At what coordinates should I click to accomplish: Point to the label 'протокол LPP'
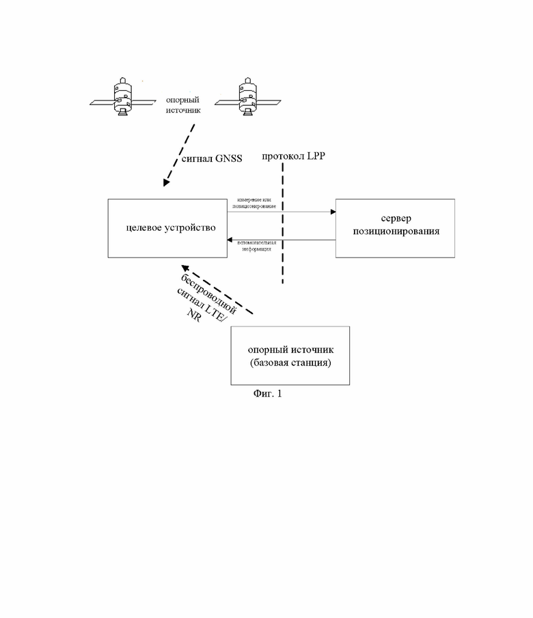(x=294, y=156)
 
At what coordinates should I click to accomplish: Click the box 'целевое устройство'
(x=167, y=228)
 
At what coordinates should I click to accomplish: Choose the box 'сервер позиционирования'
(x=395, y=228)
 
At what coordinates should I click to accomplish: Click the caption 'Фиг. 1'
(x=266, y=394)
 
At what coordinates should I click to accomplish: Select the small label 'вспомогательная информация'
(x=256, y=246)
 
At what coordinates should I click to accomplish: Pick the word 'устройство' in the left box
(x=191, y=228)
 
